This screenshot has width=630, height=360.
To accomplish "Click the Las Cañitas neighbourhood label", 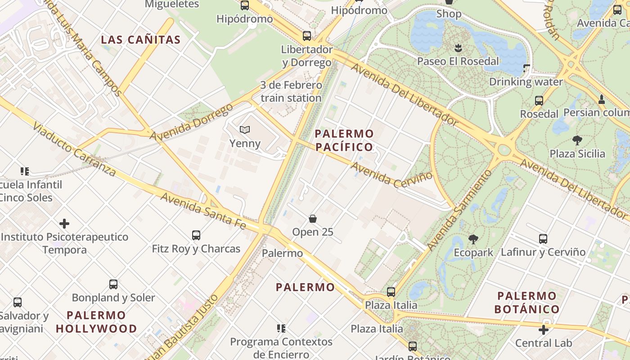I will (x=140, y=40).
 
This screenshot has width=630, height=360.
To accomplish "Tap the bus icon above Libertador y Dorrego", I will (x=307, y=36).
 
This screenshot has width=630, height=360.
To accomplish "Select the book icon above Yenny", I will (x=245, y=130).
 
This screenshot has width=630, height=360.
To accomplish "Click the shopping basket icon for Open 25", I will (x=313, y=219).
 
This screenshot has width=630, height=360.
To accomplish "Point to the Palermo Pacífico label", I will (x=344, y=140).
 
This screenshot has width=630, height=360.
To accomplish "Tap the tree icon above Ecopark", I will (x=473, y=239).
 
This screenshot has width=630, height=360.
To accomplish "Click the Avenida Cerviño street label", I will (x=391, y=175).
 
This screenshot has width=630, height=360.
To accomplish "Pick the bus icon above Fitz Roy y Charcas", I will (x=196, y=235).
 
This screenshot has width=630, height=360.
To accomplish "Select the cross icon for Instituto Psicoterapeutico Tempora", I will (x=64, y=224).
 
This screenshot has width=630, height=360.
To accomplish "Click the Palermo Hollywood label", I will (x=96, y=322).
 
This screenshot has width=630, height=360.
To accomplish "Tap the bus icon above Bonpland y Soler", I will (x=113, y=284).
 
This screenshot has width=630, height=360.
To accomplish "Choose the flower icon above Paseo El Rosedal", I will (x=458, y=47).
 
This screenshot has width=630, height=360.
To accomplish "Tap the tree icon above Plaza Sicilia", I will (x=577, y=140).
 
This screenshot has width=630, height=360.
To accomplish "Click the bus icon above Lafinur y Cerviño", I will (x=543, y=239).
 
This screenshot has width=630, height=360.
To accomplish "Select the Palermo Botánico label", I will (x=527, y=302).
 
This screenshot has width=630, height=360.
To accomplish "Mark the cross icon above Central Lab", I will (x=544, y=330).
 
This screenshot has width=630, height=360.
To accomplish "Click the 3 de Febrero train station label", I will (x=291, y=91).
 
